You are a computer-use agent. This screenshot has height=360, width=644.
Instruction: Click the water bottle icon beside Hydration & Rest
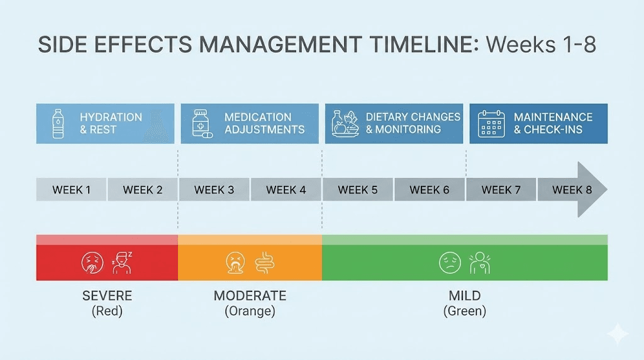58,123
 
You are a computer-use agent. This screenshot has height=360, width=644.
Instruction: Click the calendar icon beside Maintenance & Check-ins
491,123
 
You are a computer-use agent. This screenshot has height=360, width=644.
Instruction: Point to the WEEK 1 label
71,190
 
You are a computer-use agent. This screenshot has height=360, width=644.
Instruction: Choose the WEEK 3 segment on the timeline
214,190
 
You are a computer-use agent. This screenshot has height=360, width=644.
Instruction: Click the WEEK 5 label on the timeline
357,190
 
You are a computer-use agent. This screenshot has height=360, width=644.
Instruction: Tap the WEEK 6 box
430,190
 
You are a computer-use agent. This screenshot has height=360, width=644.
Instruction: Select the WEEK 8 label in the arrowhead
572,190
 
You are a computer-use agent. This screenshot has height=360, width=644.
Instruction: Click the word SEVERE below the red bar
108,296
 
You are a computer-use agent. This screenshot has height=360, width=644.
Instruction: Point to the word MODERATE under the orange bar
250,296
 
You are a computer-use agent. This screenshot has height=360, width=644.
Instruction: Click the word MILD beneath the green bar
464,296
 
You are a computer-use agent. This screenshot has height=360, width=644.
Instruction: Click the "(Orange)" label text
250,311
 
